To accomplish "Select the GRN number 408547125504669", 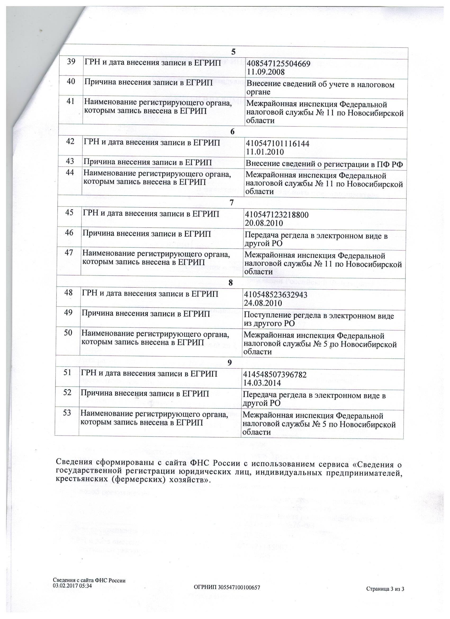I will tap(278, 64).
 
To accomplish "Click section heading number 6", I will tap(232, 132).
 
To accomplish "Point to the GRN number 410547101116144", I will tap(278, 143).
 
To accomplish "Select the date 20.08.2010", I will tap(264, 223).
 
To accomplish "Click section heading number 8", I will tap(231, 283).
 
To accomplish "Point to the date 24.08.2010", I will tap(263, 303).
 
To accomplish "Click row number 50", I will tap(68, 333).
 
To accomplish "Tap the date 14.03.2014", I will tap(262, 383).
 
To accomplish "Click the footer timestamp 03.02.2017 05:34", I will tap(72, 585).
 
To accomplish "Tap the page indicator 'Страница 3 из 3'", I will tap(385, 589).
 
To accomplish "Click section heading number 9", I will tap(230, 362).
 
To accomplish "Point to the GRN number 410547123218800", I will tap(277, 215).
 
